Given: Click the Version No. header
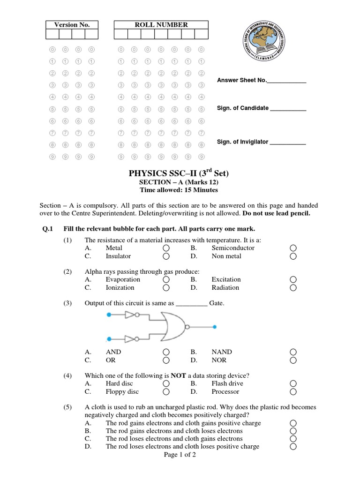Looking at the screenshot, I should [72, 25].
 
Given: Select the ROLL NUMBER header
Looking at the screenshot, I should [161, 25].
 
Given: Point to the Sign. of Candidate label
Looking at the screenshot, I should [242, 108].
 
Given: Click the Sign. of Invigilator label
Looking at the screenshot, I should [242, 142].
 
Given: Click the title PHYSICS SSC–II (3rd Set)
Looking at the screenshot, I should [179, 173].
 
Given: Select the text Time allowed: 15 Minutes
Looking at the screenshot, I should [179, 190].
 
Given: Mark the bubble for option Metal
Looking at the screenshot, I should [166, 248].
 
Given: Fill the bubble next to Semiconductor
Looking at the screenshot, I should [293, 248].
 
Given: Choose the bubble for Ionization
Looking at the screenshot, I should [166, 288].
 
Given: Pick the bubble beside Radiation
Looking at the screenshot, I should [293, 288].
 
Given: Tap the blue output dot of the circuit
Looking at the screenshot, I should [215, 327].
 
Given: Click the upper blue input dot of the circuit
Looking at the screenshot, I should [109, 315].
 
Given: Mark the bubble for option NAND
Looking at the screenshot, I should [293, 352].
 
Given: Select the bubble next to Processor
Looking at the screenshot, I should [293, 392].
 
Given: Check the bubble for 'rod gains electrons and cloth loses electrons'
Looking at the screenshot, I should [293, 431].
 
